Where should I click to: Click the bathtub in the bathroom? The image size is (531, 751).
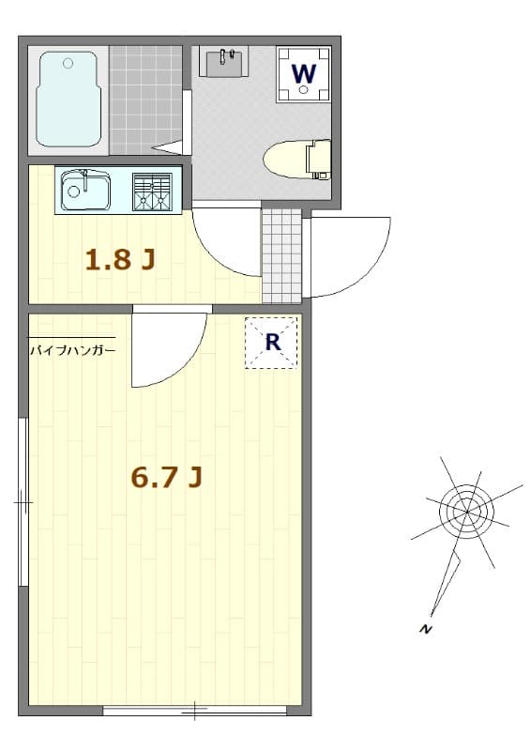[68, 99]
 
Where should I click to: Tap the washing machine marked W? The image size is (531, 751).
[303, 73]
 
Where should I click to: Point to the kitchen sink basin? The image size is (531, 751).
[85, 192]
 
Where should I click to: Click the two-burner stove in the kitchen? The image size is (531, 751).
[152, 192]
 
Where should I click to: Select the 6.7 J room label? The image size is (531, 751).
[167, 478]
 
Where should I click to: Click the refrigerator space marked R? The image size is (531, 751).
[271, 343]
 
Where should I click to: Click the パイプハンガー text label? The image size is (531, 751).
[72, 350]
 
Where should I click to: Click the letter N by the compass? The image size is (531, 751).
[426, 629]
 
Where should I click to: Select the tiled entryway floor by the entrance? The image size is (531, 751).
[281, 255]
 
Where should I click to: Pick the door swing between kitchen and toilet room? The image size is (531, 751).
[225, 242]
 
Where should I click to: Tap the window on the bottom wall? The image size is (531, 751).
[195, 711]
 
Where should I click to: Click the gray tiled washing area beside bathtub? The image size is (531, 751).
[145, 99]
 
